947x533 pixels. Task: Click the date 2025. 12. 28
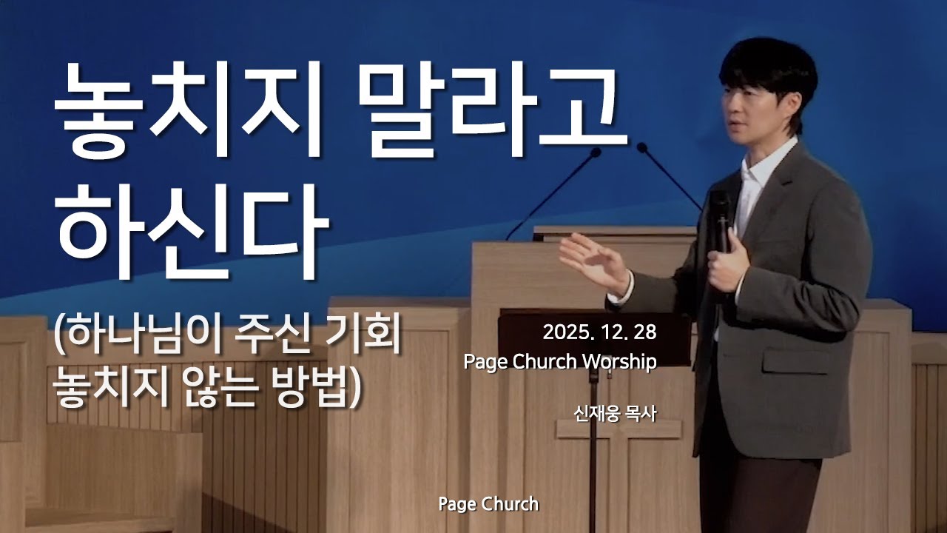coord(599,332)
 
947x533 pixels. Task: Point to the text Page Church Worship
coord(560,362)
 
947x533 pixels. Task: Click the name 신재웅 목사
coord(615,412)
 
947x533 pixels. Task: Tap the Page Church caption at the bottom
coord(488,505)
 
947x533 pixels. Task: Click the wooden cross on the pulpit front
coord(619,444)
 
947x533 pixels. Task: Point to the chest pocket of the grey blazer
coord(795,361)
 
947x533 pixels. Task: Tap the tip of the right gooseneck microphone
coord(641,147)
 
